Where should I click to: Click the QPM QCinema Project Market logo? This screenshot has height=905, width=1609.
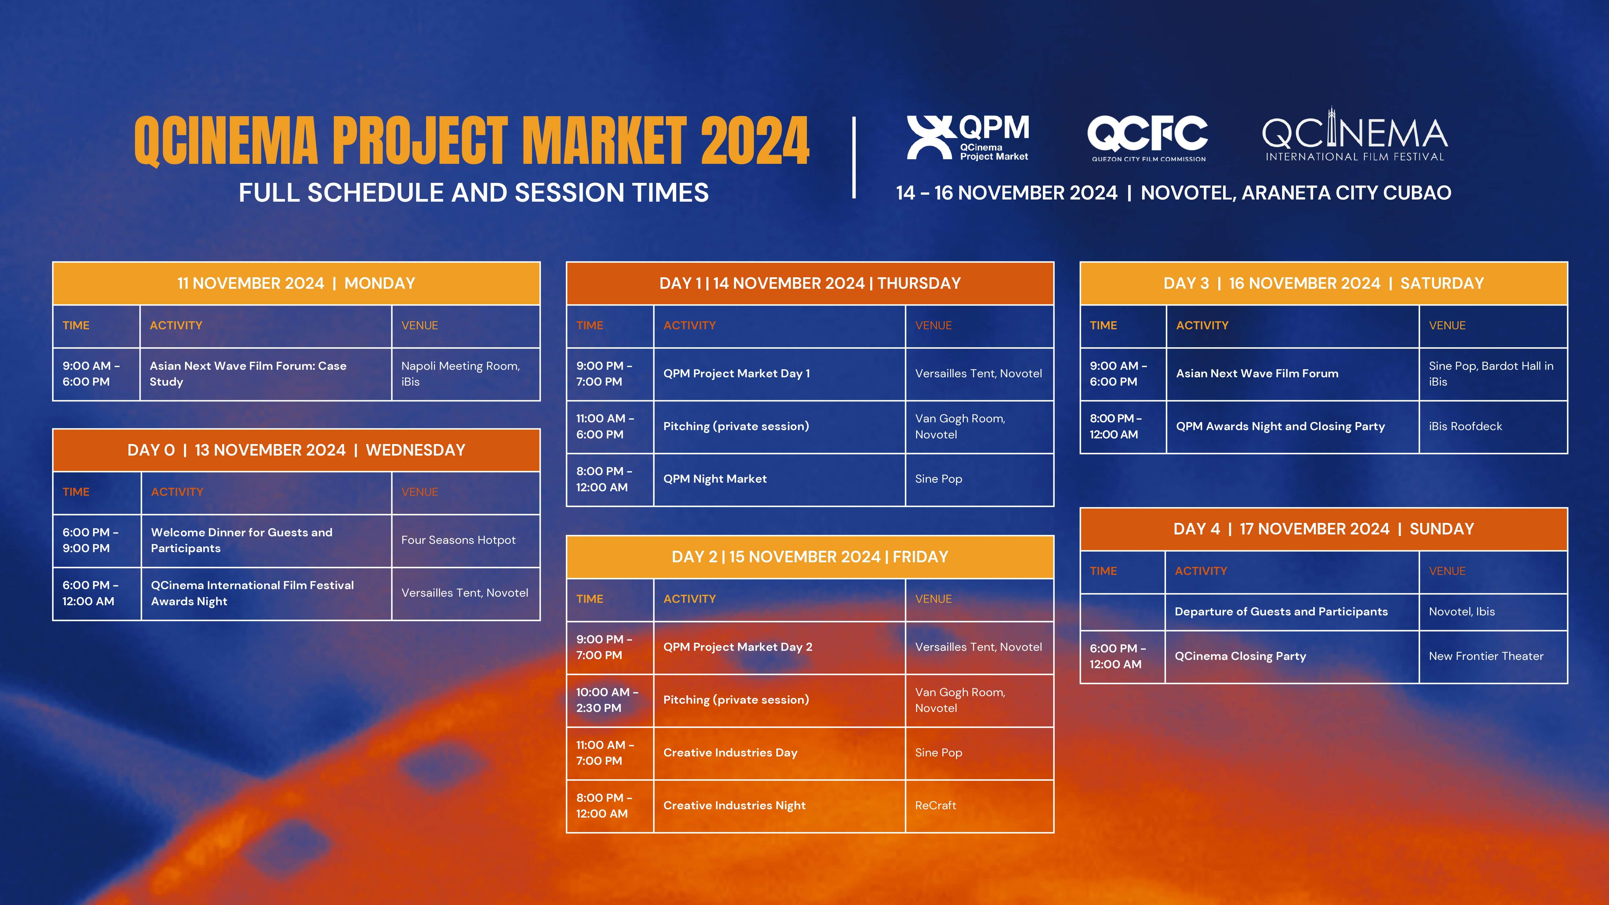tap(968, 137)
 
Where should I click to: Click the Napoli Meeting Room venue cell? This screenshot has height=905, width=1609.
tap(465, 374)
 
